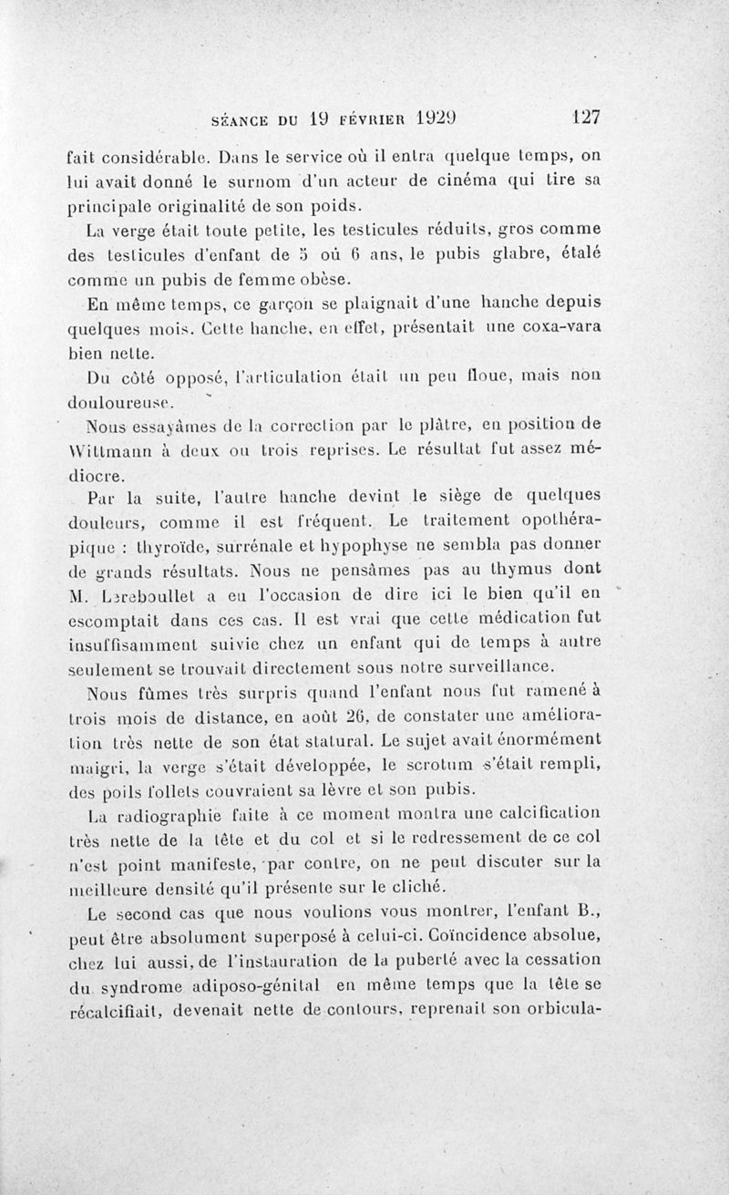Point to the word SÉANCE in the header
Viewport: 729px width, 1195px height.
pos(240,118)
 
